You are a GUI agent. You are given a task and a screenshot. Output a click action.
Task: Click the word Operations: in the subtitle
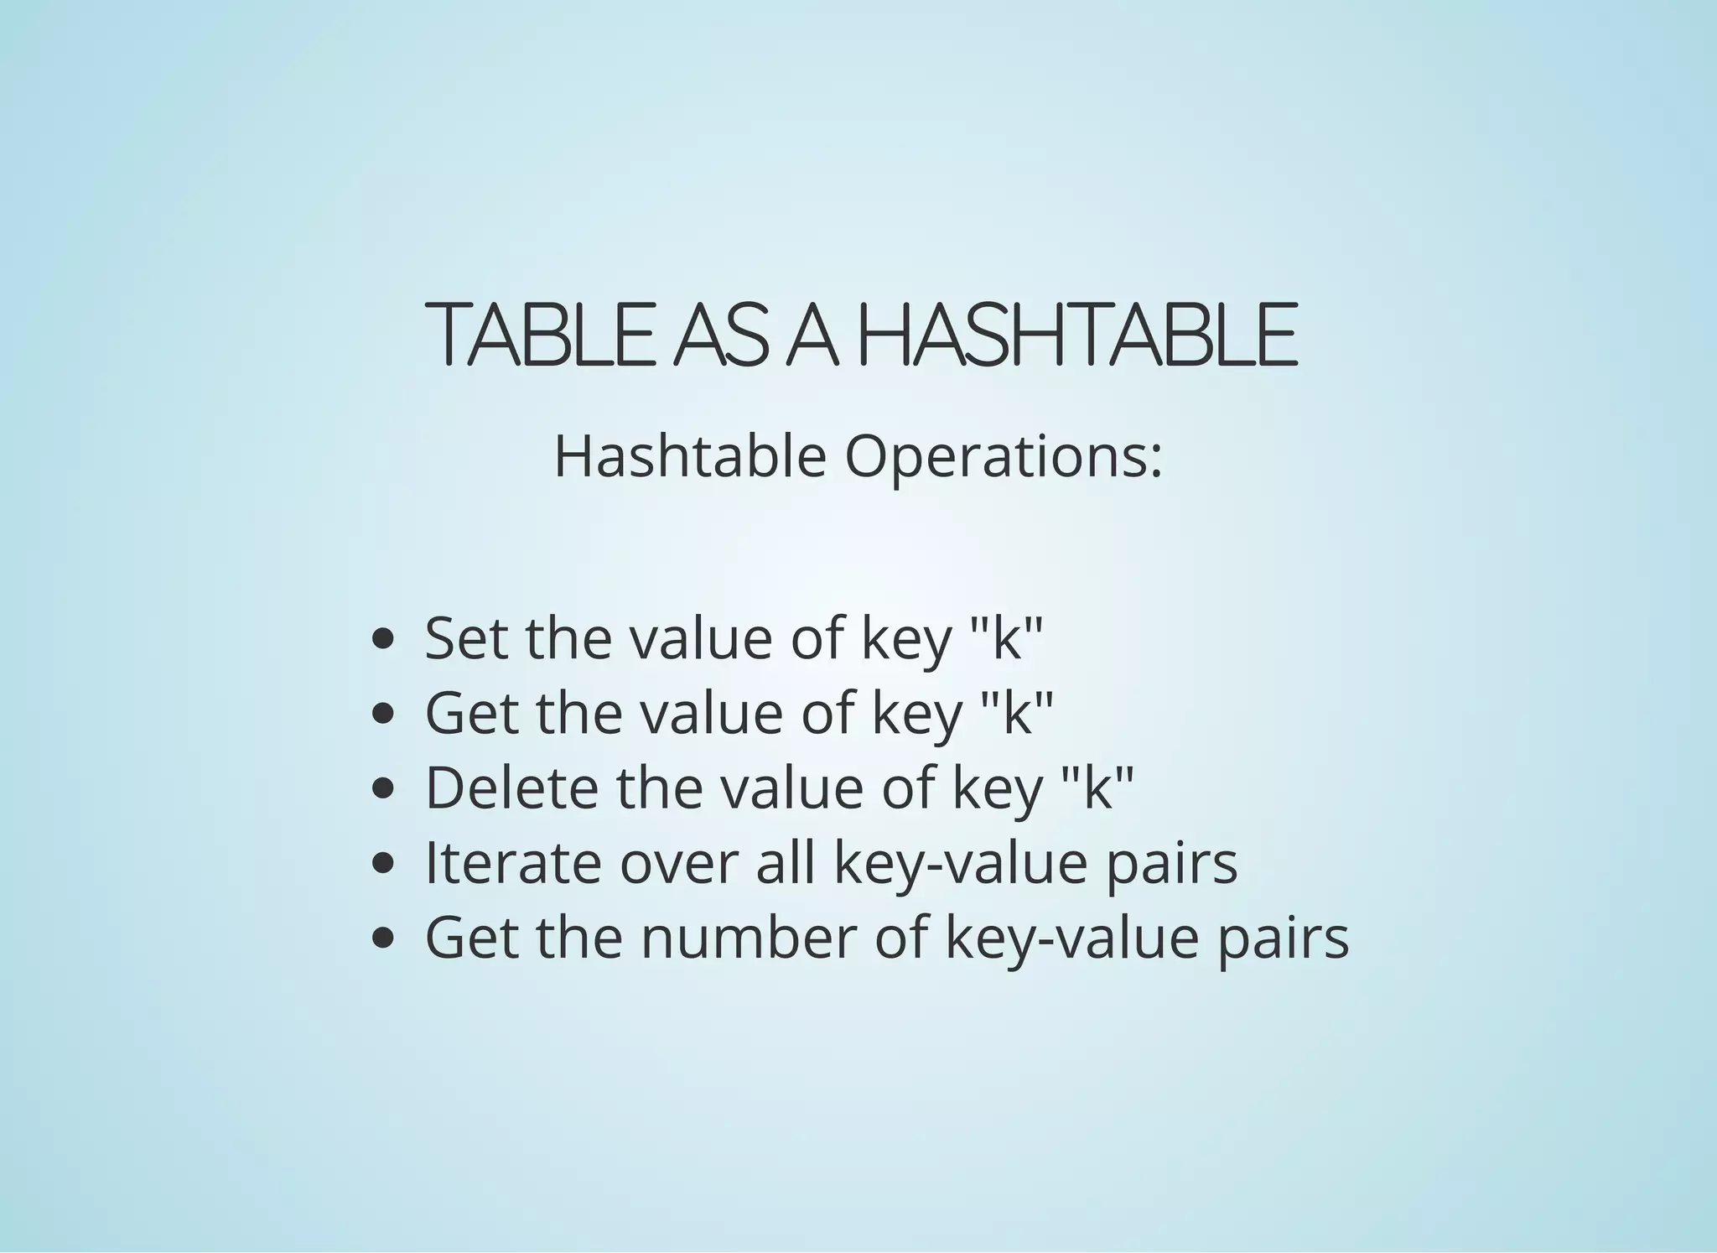[1004, 458]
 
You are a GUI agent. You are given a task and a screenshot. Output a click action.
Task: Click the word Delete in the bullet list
[512, 788]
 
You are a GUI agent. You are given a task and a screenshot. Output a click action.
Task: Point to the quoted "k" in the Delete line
[1097, 788]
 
